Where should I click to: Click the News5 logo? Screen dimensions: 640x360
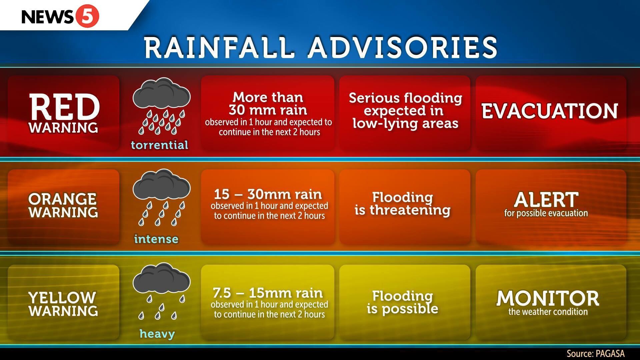[x=60, y=16]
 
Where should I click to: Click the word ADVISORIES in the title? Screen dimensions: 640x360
[x=403, y=47]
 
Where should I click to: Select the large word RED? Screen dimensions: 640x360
[x=64, y=107]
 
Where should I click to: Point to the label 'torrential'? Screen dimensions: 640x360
[x=160, y=145]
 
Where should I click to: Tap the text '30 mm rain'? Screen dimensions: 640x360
[x=268, y=110]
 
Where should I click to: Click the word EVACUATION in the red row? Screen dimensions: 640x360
[x=550, y=111]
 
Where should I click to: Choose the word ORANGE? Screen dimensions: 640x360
[x=63, y=199]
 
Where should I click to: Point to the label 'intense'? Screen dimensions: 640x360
[x=156, y=239]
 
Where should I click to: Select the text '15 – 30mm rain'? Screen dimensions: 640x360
[x=268, y=194]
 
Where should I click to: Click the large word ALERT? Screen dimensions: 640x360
[x=546, y=200]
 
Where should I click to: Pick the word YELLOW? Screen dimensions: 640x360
[x=62, y=298]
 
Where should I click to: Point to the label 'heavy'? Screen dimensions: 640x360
[x=157, y=334]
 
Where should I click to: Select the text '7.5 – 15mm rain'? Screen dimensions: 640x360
[x=268, y=293]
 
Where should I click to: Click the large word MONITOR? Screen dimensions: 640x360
[x=548, y=298]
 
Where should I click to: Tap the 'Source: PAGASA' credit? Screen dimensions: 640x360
[x=596, y=354]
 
